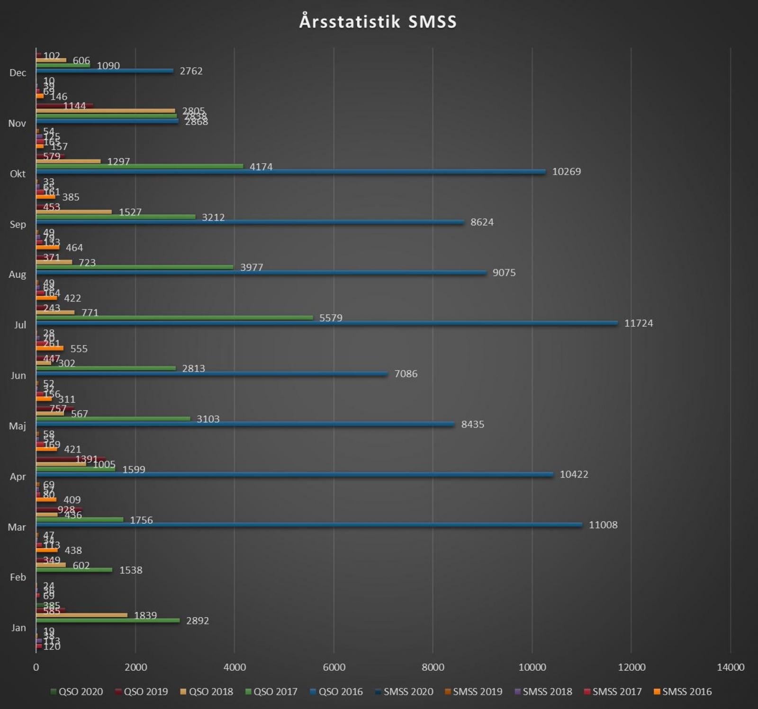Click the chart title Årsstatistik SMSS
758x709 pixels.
[378, 22]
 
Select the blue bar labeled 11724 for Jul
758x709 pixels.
[327, 323]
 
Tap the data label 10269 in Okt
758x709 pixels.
[566, 171]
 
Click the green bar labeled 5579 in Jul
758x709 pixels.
[174, 318]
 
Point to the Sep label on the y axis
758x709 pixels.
[18, 224]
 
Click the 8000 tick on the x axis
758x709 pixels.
[433, 667]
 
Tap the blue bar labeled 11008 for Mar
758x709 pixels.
[309, 524]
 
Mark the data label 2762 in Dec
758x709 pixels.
[191, 71]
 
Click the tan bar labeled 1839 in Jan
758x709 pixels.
[81, 615]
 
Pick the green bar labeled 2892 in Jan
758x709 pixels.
[108, 620]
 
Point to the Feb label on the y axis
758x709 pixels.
[18, 577]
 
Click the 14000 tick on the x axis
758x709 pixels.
[730, 667]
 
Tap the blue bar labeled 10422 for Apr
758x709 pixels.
[295, 474]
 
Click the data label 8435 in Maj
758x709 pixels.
[472, 424]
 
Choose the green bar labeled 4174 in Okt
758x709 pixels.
[139, 166]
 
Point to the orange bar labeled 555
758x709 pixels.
[49, 348]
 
